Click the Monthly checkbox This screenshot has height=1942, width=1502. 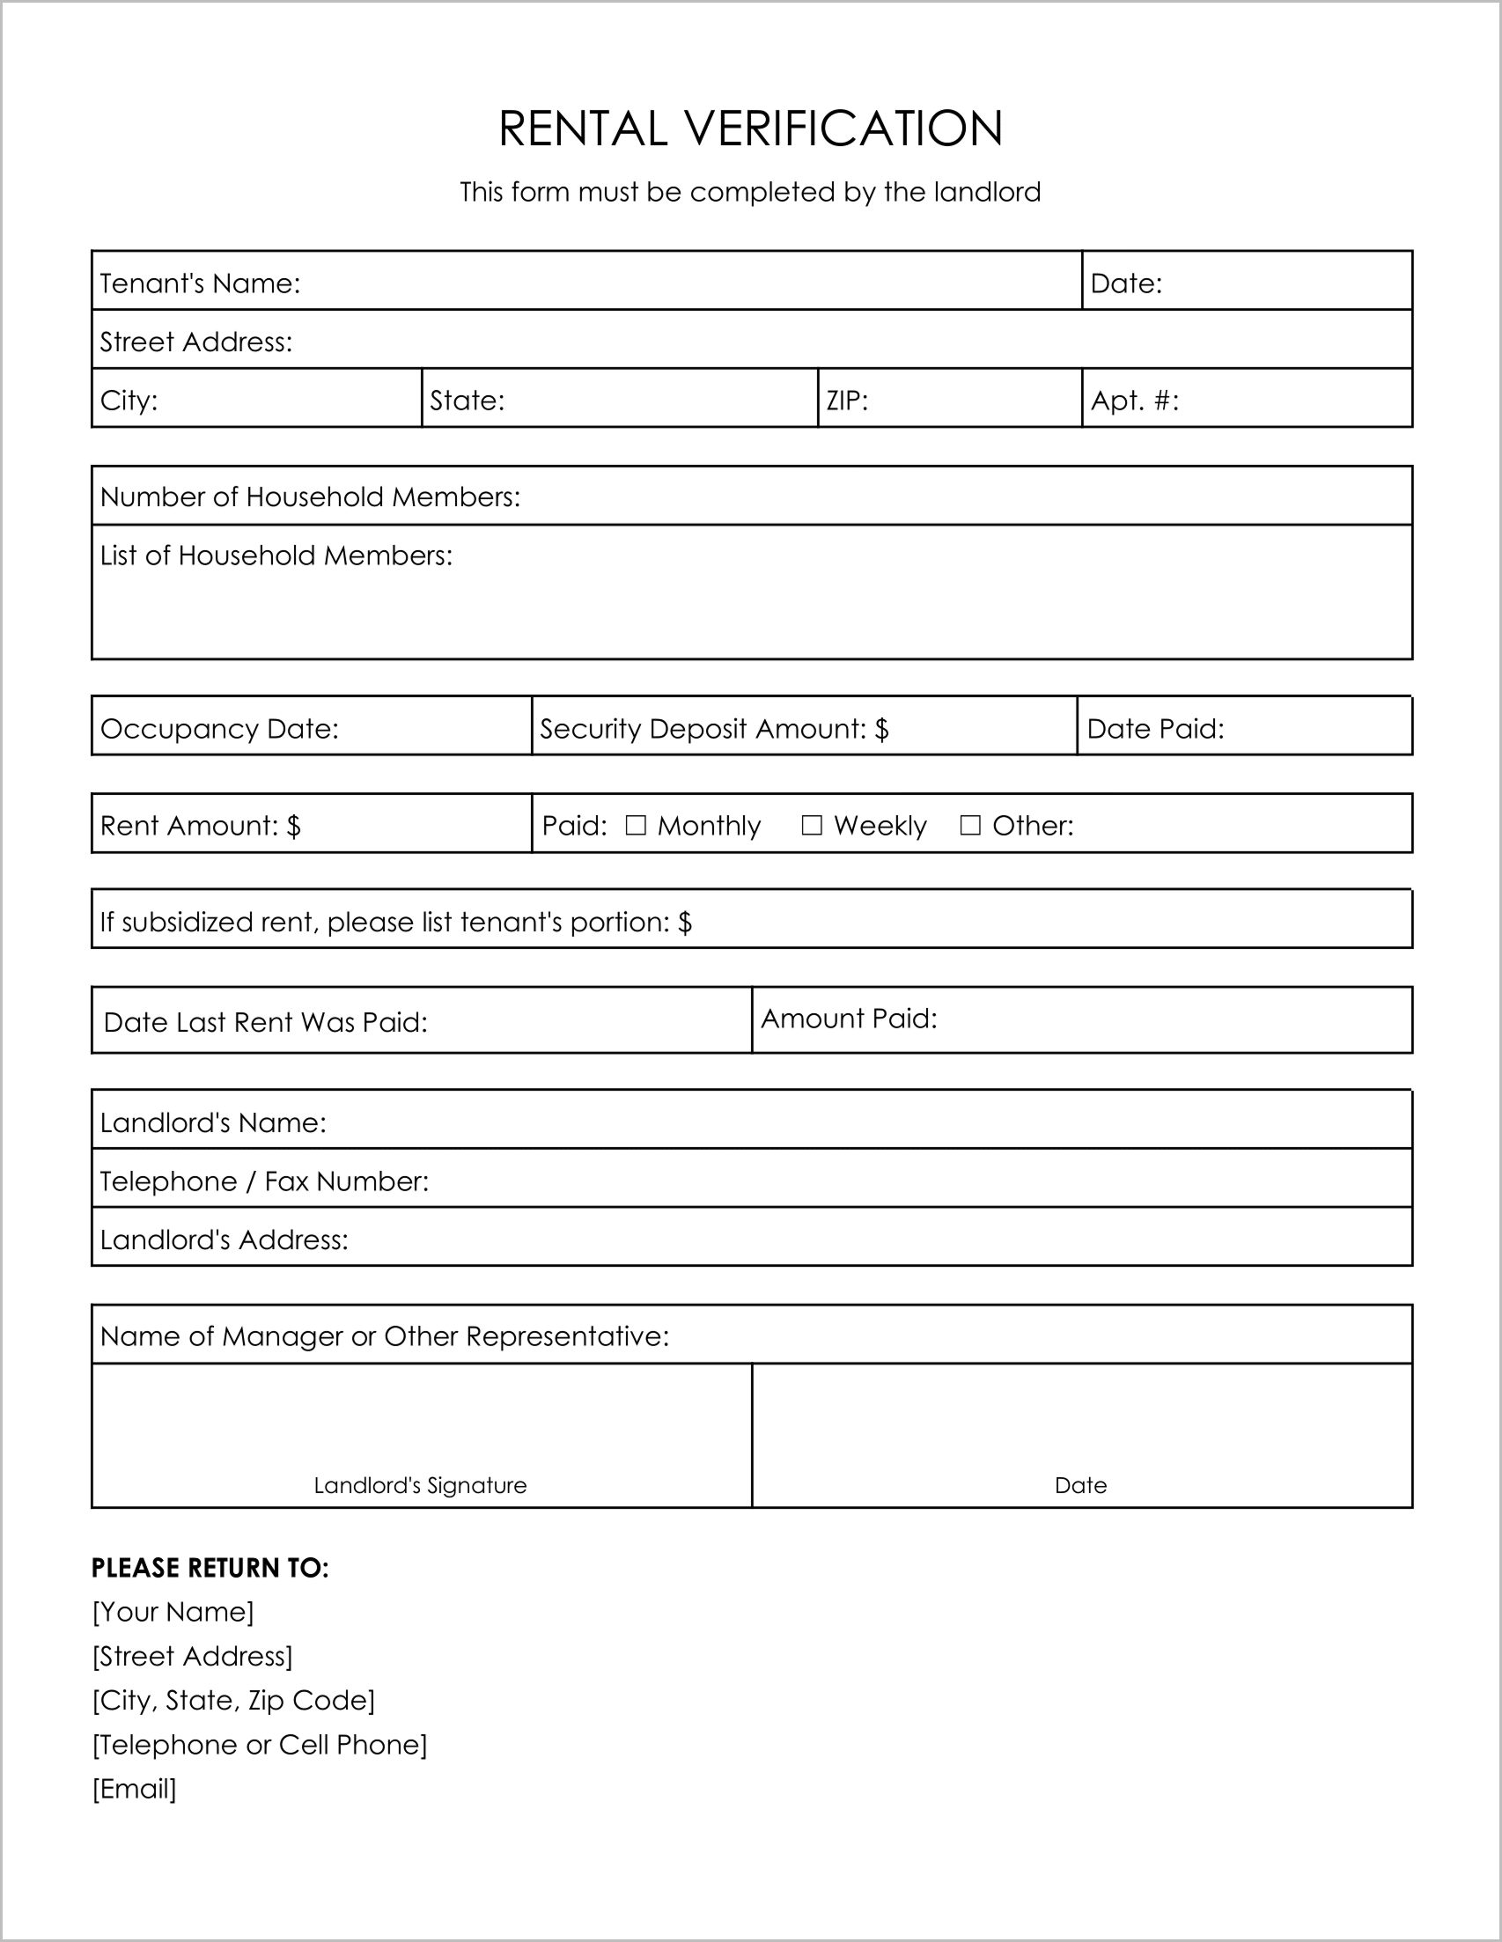pos(635,825)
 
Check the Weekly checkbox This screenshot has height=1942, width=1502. pos(811,825)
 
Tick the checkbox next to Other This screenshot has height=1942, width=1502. pos(970,825)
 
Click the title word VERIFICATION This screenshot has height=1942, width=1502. pos(843,128)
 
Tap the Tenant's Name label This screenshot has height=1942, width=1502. pos(200,283)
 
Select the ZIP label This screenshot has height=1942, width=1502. pos(847,401)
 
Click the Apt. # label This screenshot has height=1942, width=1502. pos(1135,401)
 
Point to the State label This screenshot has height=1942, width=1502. pos(467,401)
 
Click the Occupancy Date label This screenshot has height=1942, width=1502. pos(219,729)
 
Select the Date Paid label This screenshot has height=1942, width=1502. pos(1155,729)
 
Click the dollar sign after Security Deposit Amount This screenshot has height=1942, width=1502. pos(881,729)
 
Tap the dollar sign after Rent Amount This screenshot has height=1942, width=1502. pos(293,826)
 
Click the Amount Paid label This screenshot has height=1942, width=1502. pos(850,1019)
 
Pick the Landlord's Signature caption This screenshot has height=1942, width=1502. pos(420,1485)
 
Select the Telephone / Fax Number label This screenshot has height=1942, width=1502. pos(264,1181)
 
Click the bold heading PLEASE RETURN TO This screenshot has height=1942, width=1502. pos(210,1568)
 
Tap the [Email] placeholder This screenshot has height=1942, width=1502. pos(135,1788)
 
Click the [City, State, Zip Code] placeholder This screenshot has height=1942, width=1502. pos(233,1700)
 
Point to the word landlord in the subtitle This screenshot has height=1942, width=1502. pos(987,192)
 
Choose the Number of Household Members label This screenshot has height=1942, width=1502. pos(310,497)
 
